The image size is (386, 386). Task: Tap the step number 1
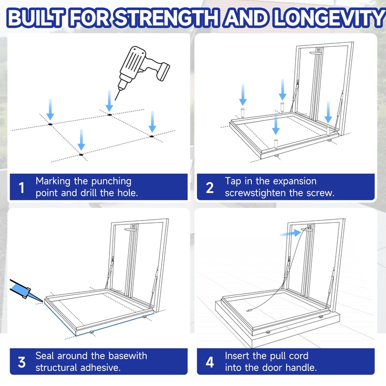[22, 188]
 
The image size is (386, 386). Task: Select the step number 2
[209, 188]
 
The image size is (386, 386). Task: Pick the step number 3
[22, 362]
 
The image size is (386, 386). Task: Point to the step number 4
[209, 362]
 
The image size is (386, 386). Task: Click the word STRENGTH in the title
[166, 18]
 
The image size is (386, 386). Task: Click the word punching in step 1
[111, 182]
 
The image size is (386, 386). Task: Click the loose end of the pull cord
[249, 310]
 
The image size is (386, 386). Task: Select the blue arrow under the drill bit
[110, 100]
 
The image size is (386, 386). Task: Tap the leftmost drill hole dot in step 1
[50, 124]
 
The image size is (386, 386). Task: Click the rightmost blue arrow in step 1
[152, 122]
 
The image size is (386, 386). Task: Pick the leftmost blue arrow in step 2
[243, 95]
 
